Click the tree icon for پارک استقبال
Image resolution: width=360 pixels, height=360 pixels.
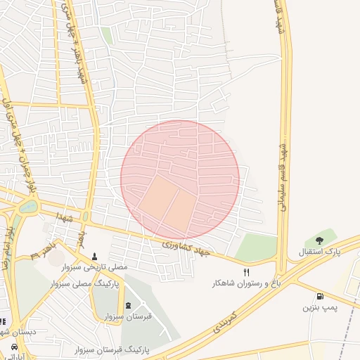[x=320, y=240]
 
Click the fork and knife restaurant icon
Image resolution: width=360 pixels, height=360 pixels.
[x=246, y=272]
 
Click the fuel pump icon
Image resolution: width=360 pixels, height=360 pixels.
[x=321, y=297]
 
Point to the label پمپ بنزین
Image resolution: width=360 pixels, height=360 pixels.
[x=321, y=308]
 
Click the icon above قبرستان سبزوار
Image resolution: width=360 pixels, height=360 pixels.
[x=127, y=305]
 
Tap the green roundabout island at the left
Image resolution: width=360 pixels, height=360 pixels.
[x=29, y=207]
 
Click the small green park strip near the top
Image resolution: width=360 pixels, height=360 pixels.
[x=107, y=35]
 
